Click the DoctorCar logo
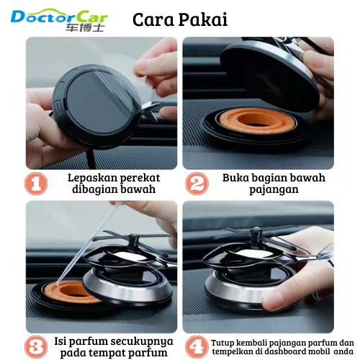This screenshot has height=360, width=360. (x=59, y=19)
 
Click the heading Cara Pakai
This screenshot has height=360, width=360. (x=180, y=19)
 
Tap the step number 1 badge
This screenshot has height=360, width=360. (x=36, y=184)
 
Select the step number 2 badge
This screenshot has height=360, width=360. (x=197, y=184)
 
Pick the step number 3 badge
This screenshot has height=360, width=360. (x=36, y=347)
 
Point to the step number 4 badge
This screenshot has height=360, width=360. (x=197, y=347)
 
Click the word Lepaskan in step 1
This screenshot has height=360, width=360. (x=92, y=179)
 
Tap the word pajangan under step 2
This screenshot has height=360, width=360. (x=274, y=190)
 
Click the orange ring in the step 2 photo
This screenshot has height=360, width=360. (x=257, y=121)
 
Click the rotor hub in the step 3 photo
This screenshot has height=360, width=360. (x=133, y=240)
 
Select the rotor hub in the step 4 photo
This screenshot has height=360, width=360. (x=255, y=235)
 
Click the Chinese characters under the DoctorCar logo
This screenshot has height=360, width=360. (x=85, y=27)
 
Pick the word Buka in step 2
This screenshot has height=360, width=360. (x=238, y=178)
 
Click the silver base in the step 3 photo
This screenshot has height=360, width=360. (x=127, y=288)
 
